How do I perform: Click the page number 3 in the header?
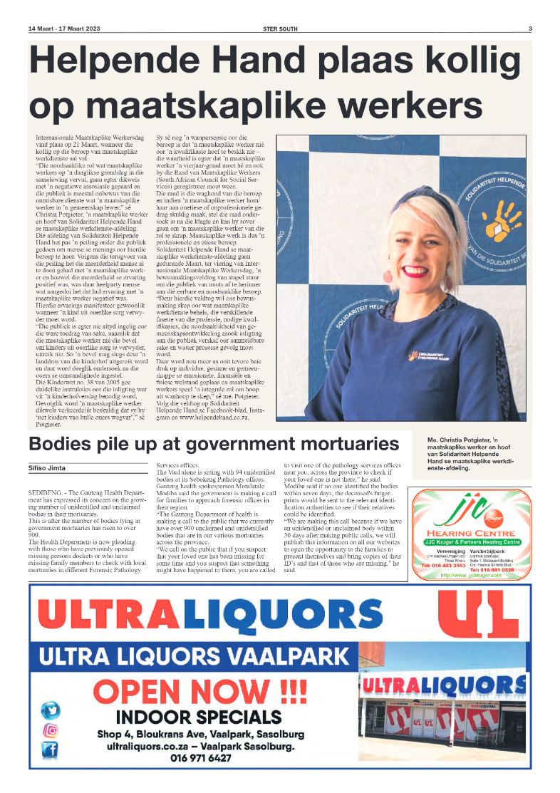pos(530,29)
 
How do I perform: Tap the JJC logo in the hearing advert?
pos(470,510)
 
